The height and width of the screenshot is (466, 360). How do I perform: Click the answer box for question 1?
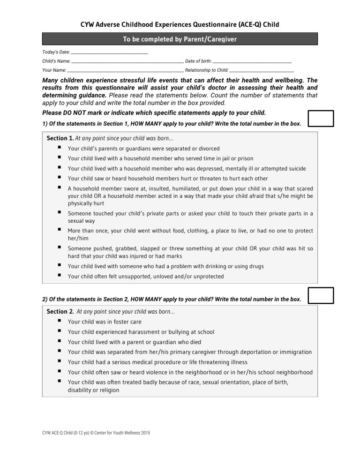click(321, 119)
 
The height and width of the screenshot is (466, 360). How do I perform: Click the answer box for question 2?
click(321, 295)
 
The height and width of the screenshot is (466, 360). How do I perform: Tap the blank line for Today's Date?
click(110, 52)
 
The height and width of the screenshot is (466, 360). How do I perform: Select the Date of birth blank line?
click(252, 61)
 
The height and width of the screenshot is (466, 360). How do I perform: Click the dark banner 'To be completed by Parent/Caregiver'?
click(180, 39)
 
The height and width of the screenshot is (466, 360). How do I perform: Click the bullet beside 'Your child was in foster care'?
click(60, 321)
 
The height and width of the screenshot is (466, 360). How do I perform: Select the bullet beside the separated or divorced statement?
click(60, 148)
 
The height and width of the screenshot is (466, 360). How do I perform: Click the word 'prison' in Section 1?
click(245, 158)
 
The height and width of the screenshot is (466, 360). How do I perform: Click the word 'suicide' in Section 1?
click(296, 169)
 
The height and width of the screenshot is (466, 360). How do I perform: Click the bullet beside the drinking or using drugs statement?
click(60, 265)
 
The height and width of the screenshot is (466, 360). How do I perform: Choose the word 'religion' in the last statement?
click(107, 390)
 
